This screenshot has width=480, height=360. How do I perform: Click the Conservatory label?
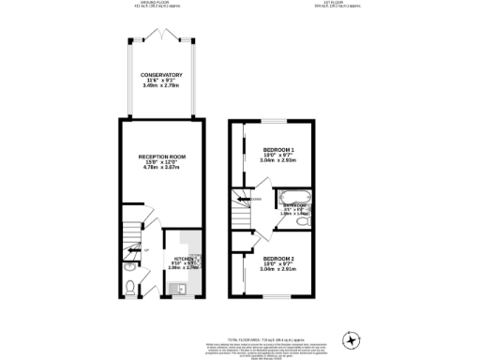coord(161,75)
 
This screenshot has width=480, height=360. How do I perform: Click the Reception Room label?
coord(159,156)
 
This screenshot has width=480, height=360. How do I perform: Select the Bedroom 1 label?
coord(278,149)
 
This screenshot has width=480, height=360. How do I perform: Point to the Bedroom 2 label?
coord(278,258)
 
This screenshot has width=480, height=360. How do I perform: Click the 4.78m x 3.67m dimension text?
coord(159,168)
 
